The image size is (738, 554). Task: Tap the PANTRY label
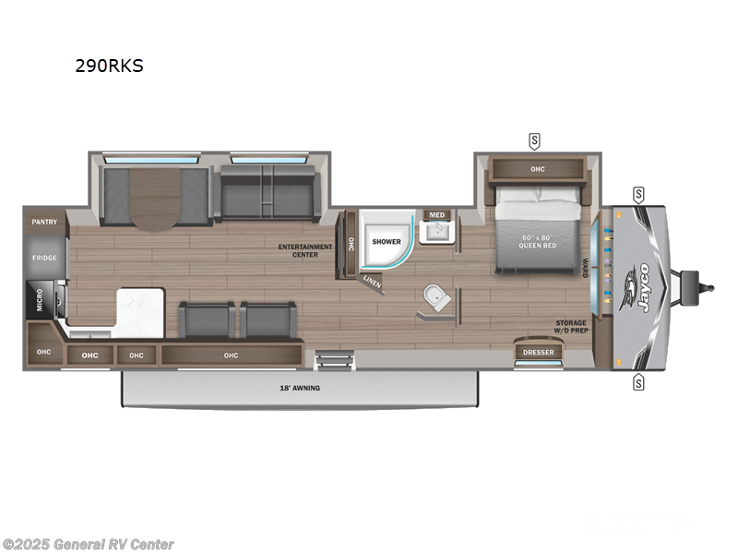pyautogui.click(x=44, y=222)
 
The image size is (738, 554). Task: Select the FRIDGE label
pyautogui.click(x=44, y=258)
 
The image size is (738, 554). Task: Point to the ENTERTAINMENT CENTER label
pyautogui.click(x=305, y=250)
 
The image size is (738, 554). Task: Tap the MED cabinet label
pyautogui.click(x=436, y=215)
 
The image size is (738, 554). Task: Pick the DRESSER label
pyautogui.click(x=538, y=352)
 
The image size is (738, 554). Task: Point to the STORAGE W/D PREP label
pyautogui.click(x=570, y=326)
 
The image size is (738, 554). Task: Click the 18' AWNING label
pyautogui.click(x=300, y=388)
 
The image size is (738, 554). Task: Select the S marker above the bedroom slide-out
pyautogui.click(x=534, y=140)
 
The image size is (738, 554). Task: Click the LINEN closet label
pyautogui.click(x=371, y=281)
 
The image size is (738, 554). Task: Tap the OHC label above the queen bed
pyautogui.click(x=538, y=169)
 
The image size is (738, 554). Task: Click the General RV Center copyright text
pyautogui.click(x=88, y=545)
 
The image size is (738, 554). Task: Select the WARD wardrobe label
pyautogui.click(x=585, y=269)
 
